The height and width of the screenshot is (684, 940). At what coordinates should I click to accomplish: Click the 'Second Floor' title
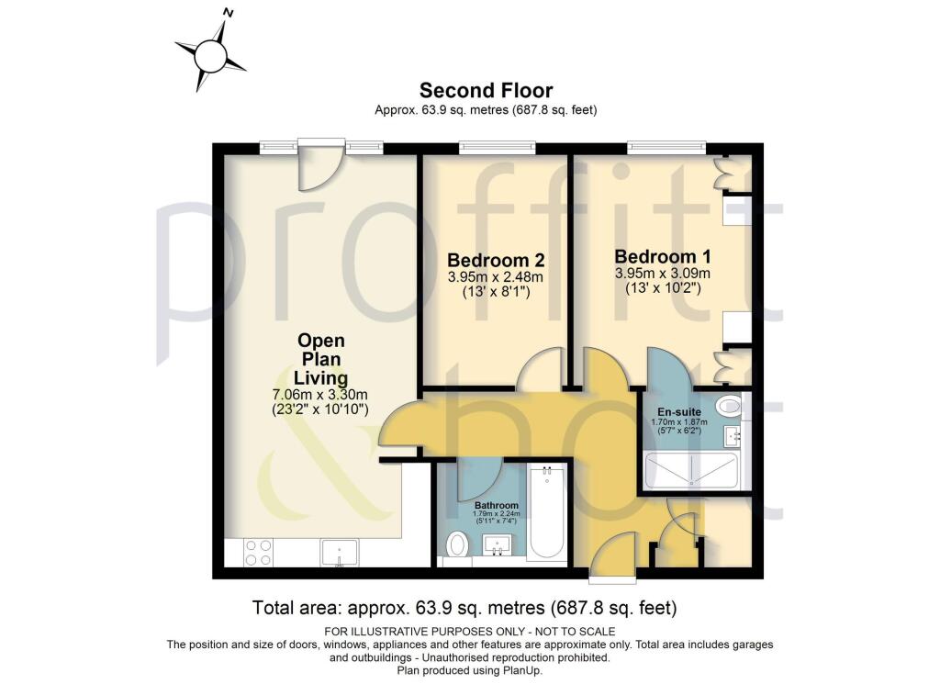486,90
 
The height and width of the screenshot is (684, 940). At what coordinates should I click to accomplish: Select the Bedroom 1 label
662,256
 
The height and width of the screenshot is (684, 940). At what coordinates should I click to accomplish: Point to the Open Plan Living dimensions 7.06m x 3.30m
320,395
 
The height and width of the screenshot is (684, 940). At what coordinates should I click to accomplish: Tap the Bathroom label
496,505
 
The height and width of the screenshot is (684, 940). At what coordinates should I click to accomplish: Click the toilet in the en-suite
731,405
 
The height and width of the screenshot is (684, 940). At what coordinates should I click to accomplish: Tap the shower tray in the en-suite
692,471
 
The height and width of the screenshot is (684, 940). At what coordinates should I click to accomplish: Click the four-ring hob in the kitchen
258,551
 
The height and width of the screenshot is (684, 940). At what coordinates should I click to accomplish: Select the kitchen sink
340,553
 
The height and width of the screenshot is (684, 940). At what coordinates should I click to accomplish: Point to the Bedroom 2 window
497,146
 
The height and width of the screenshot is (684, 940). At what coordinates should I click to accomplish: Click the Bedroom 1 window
667,146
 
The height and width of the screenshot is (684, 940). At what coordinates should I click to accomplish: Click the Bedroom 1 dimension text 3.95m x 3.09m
662,274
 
